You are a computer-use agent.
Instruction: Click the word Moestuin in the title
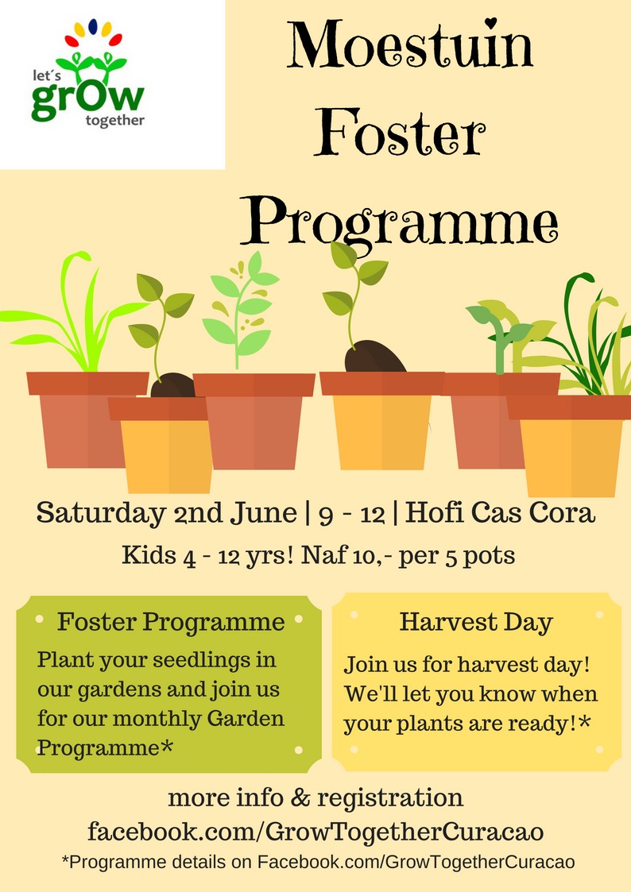click(x=409, y=45)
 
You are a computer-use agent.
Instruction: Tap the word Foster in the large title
click(x=400, y=133)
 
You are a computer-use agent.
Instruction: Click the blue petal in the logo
click(x=93, y=26)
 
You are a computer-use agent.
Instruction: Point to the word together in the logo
click(x=115, y=120)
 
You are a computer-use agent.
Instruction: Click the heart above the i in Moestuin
click(x=492, y=22)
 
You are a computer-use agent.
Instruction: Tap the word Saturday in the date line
click(x=101, y=513)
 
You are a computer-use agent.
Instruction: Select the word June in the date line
click(x=263, y=512)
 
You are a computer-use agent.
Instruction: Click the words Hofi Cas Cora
click(x=500, y=512)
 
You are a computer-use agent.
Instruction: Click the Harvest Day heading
click(x=476, y=622)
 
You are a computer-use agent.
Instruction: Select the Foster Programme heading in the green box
click(x=171, y=622)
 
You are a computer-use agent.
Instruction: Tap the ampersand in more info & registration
click(x=300, y=797)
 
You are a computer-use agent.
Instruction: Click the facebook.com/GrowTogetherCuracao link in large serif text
click(x=315, y=832)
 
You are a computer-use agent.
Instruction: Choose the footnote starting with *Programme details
click(x=318, y=862)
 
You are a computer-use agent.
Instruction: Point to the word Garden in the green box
click(x=246, y=718)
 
